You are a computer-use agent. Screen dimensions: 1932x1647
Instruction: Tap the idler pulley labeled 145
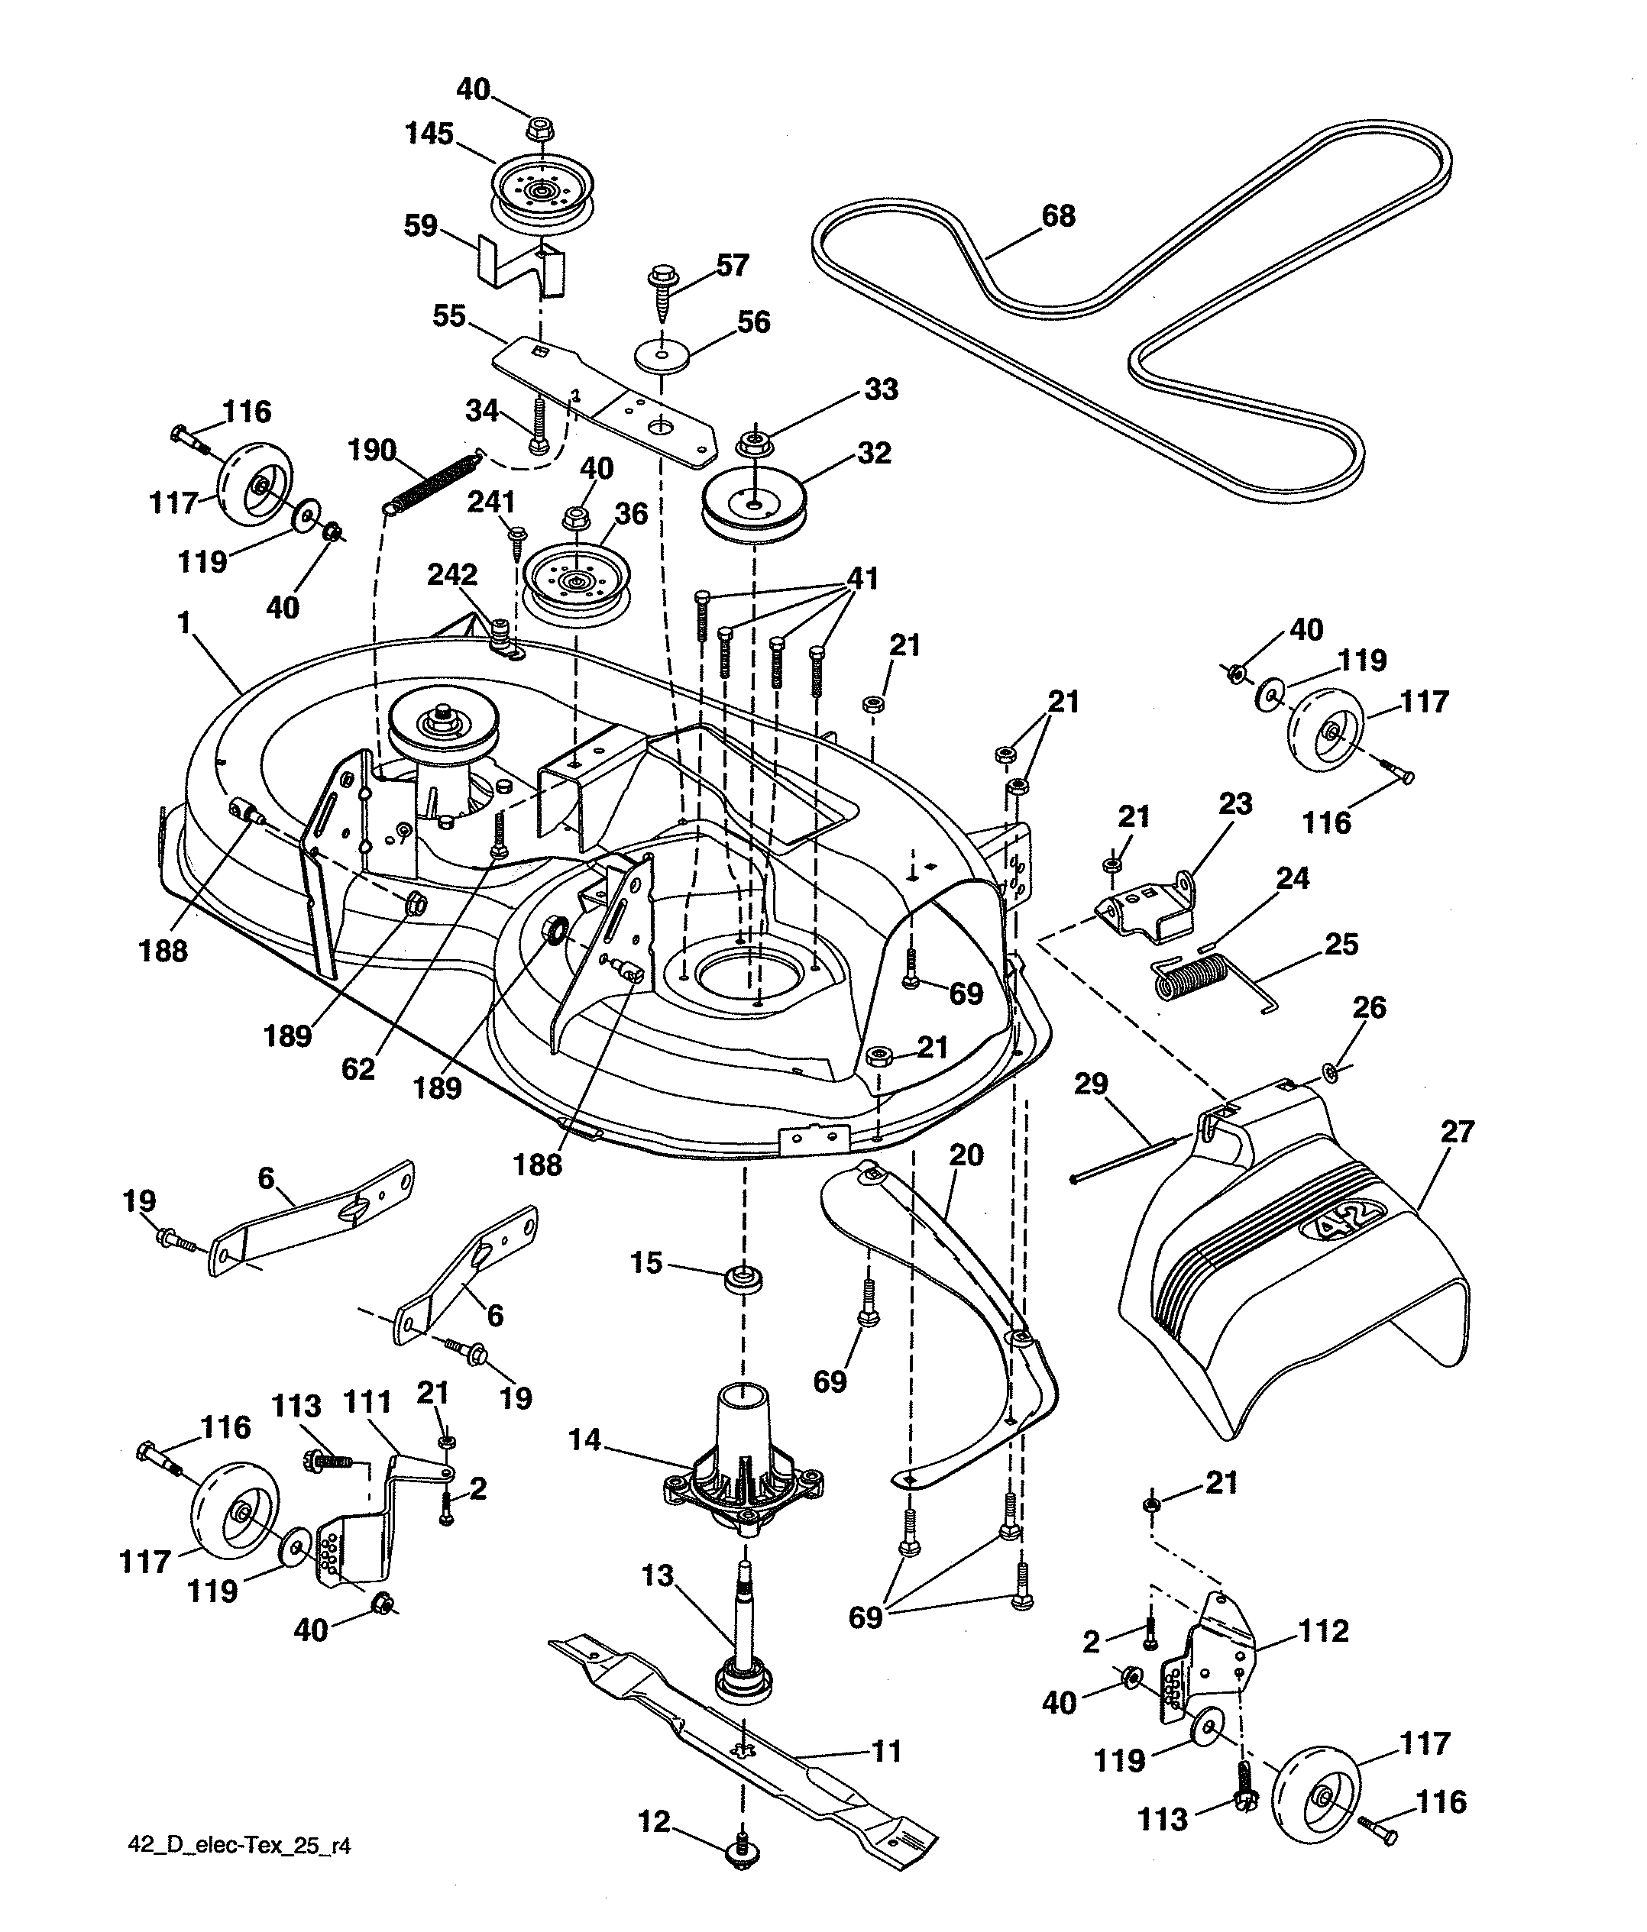tap(542, 190)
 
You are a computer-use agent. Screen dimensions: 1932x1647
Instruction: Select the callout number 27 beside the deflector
tap(1457, 1131)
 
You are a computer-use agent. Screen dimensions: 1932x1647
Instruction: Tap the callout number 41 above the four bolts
tap(862, 578)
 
